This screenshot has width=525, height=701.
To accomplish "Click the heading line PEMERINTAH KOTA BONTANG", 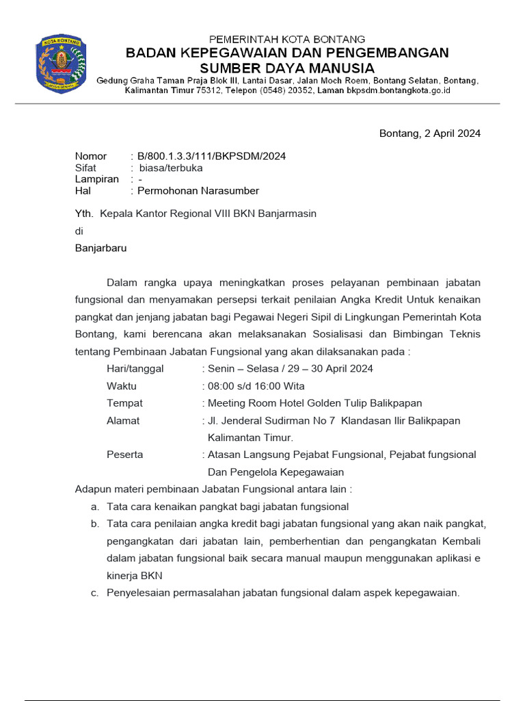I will pos(286,39).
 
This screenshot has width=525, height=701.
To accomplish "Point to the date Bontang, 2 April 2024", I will pos(430,133).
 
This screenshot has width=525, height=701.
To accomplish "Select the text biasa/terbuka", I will pos(171,168).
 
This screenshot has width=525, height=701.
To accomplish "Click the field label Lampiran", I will pos(96,179).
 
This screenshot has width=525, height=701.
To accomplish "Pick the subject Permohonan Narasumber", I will pos(198,191).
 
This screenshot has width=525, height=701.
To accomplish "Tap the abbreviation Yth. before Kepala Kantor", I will pos(84,214).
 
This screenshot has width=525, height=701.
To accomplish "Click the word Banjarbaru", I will pos(100,248).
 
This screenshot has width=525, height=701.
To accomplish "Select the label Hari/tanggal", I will pos(135,369).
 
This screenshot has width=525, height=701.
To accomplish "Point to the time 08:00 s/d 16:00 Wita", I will pos(256,386).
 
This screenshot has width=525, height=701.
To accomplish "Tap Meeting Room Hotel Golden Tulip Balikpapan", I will pos(314,403).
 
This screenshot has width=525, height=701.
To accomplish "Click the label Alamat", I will pos(123,420).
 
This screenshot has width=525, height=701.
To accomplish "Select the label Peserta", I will pos(125,455).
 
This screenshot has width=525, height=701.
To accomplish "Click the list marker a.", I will pos(94,507).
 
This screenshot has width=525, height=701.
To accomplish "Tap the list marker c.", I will pos(94,593).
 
